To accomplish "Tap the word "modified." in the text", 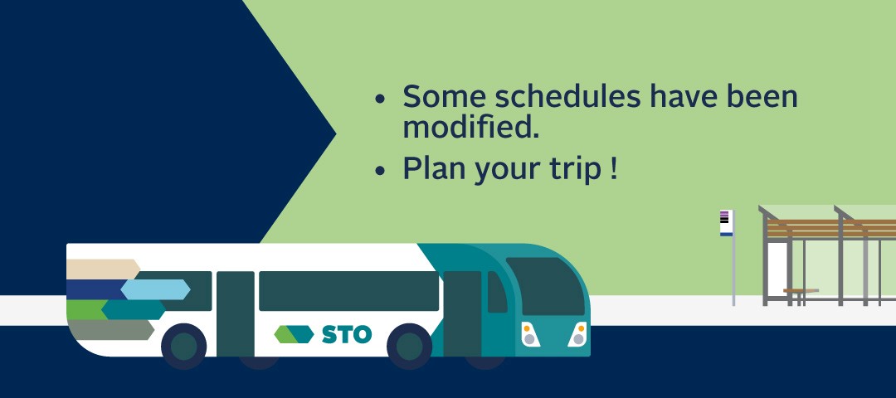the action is [x=471, y=127].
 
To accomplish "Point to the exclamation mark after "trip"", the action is [x=614, y=168].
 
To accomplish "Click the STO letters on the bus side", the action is [x=346, y=334].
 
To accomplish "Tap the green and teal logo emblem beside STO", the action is [x=294, y=334].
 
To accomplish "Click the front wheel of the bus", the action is [x=409, y=346].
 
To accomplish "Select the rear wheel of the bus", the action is [x=183, y=346].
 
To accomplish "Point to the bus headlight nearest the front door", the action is [x=529, y=335].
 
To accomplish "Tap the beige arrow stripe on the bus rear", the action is [x=103, y=269].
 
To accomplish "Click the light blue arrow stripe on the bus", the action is [x=155, y=289].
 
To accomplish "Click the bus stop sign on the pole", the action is [x=726, y=223].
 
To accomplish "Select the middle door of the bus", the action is [x=235, y=314].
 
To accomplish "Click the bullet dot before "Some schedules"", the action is [x=380, y=99].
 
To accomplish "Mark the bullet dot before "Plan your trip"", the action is [x=380, y=171].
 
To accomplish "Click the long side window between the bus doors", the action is [x=348, y=291].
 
